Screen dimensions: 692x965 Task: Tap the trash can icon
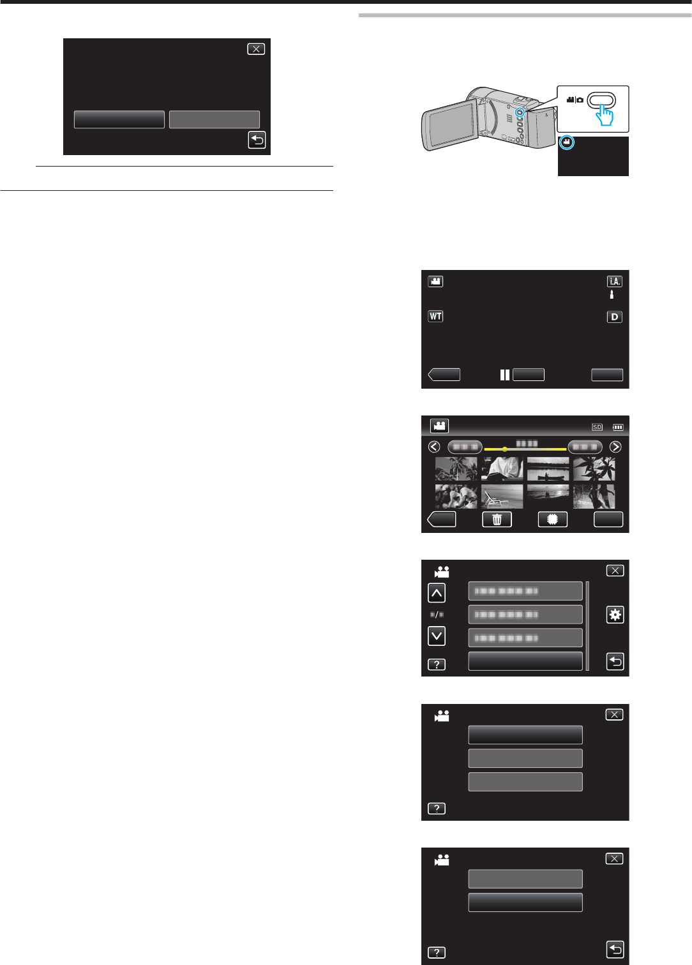497,520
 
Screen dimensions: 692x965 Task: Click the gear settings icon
615,615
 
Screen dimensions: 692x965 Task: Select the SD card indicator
597,427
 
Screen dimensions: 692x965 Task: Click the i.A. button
614,281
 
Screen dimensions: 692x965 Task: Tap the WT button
435,316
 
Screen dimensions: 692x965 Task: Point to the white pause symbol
505,375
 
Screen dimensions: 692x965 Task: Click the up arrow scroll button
437,593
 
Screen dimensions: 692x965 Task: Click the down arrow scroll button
437,636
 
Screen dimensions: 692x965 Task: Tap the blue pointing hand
603,116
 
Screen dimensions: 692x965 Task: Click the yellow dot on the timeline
504,449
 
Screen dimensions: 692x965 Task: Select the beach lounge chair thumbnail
502,496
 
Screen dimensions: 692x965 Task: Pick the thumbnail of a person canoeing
548,469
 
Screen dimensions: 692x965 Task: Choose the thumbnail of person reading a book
502,469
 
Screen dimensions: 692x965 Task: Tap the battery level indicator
617,427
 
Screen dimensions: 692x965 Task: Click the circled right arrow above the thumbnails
615,447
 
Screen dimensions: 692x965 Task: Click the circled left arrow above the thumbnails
434,447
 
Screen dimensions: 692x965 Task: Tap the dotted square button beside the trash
552,520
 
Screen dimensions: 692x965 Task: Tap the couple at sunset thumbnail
548,496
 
